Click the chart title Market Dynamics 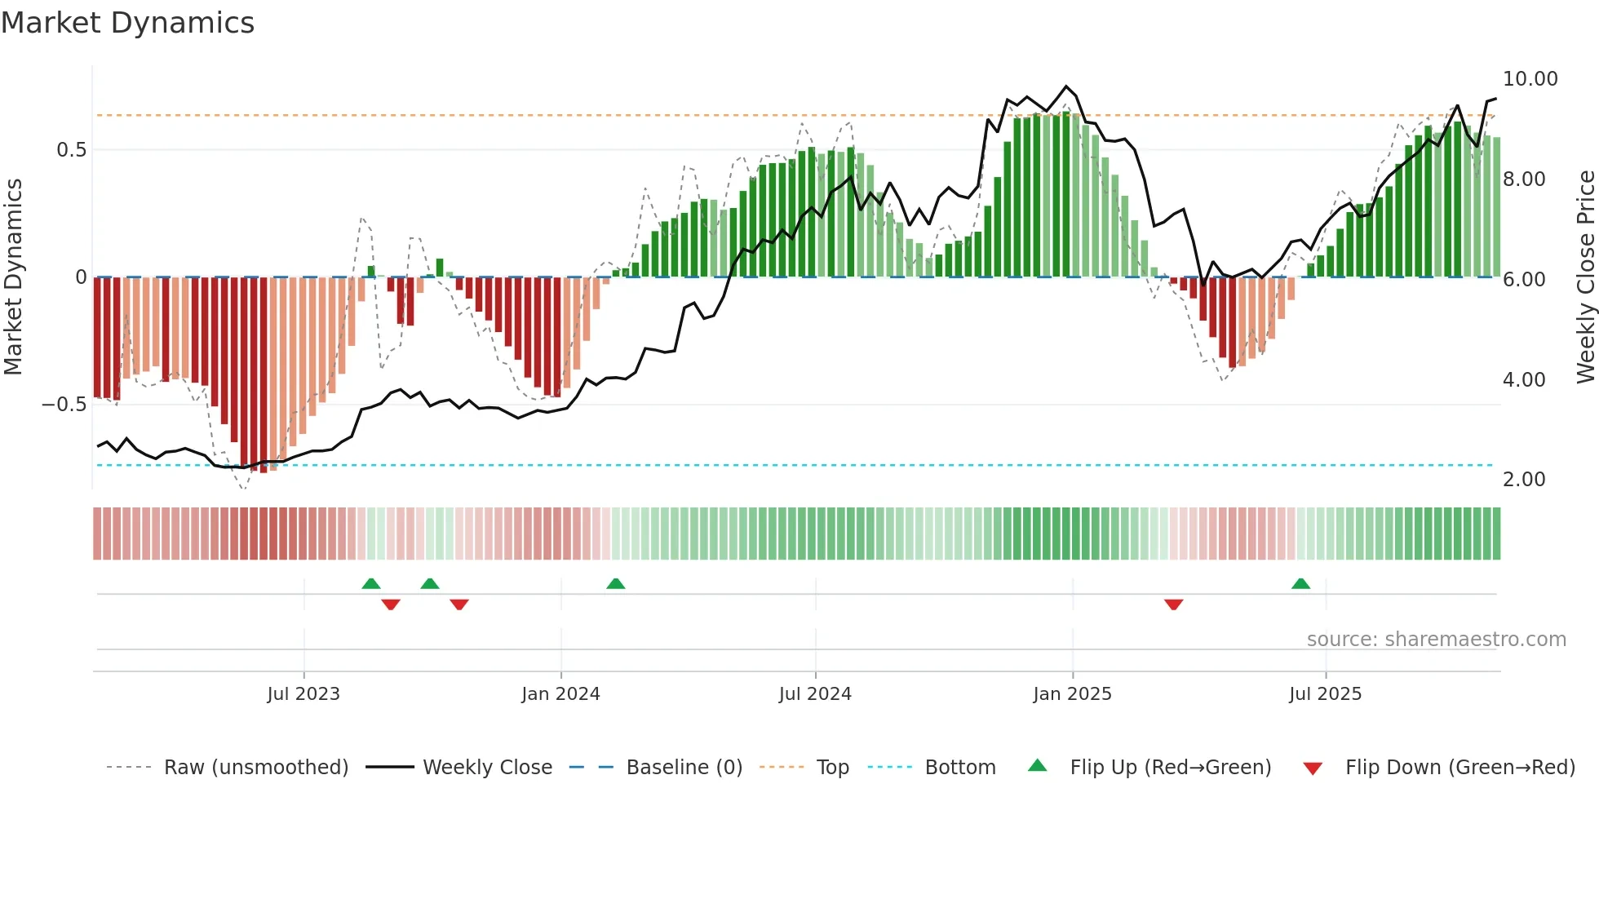click(x=127, y=23)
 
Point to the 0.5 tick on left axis click(x=71, y=150)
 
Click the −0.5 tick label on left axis click(x=64, y=405)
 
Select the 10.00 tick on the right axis click(x=1530, y=79)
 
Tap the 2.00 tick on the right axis click(x=1523, y=480)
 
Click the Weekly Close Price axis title click(x=1585, y=277)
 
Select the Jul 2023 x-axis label click(x=303, y=694)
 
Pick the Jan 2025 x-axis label click(x=1072, y=694)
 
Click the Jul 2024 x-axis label click(x=815, y=694)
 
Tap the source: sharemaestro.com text click(x=1436, y=640)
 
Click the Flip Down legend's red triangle click(x=1313, y=768)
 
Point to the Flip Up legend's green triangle click(x=1037, y=765)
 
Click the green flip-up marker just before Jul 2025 click(x=1300, y=583)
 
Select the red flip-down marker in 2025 click(x=1173, y=604)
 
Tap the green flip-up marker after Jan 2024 click(x=616, y=583)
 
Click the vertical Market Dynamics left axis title click(x=13, y=277)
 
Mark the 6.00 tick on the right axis click(x=1523, y=280)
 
